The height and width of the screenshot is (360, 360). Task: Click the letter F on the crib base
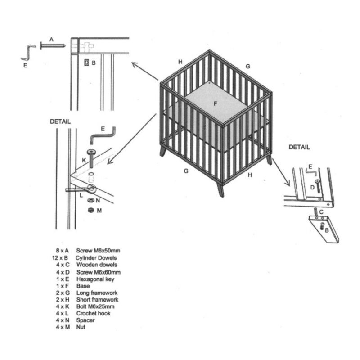pyautogui.click(x=216, y=104)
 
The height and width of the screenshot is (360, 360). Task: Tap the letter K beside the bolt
pyautogui.click(x=84, y=161)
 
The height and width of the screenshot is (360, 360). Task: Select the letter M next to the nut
pyautogui.click(x=99, y=210)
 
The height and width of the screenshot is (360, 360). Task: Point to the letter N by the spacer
pyautogui.click(x=98, y=200)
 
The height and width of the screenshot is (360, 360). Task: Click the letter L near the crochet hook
pyautogui.click(x=81, y=194)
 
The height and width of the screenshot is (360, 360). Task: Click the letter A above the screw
pyautogui.click(x=51, y=40)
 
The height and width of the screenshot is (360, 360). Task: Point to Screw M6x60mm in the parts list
pyautogui.click(x=98, y=272)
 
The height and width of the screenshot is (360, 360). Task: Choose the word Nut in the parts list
pyautogui.click(x=81, y=327)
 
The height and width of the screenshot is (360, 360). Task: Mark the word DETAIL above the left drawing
pyautogui.click(x=60, y=121)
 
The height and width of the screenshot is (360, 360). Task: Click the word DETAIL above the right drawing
pyautogui.click(x=299, y=147)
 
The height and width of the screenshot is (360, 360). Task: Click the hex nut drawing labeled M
pyautogui.click(x=90, y=210)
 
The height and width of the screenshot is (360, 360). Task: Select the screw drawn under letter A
pyautogui.click(x=53, y=45)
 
